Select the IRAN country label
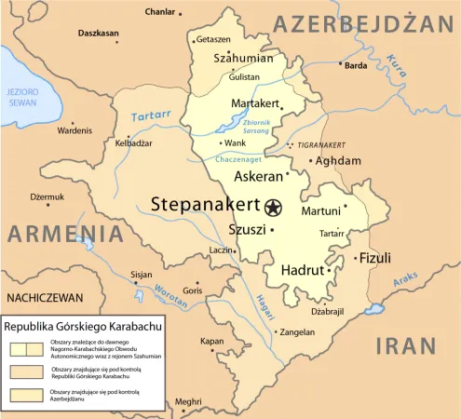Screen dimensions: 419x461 pyautogui.click(x=406, y=345)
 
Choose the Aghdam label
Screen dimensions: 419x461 pyautogui.click(x=338, y=161)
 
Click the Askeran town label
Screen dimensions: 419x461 pyautogui.click(x=258, y=176)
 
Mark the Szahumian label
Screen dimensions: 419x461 pyautogui.click(x=244, y=58)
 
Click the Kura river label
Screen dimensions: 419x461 pyautogui.click(x=398, y=65)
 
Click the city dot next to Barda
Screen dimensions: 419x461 pyautogui.click(x=338, y=65)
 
